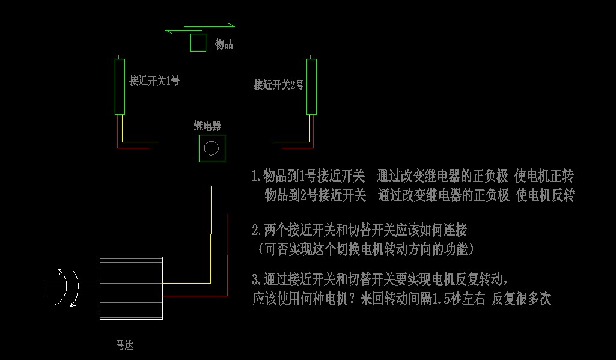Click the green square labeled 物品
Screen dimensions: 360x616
pyautogui.click(x=198, y=43)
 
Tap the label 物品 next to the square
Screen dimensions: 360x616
pyautogui.click(x=224, y=44)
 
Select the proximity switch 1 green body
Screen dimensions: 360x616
pyautogui.click(x=120, y=87)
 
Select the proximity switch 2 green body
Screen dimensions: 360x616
pyautogui.click(x=311, y=87)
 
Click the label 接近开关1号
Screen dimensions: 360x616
pyautogui.click(x=154, y=81)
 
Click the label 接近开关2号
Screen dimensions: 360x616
pyautogui.click(x=279, y=85)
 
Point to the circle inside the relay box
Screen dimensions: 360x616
pyautogui.click(x=211, y=148)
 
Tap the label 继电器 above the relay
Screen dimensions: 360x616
pyautogui.click(x=207, y=126)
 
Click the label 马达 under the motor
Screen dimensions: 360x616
pyautogui.click(x=124, y=345)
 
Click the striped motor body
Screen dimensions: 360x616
pyautogui.click(x=131, y=288)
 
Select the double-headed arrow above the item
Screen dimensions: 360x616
pyautogui.click(x=200, y=27)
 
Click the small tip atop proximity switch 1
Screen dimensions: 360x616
pyautogui.click(x=120, y=56)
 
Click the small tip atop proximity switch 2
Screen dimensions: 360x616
pyautogui.click(x=311, y=56)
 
